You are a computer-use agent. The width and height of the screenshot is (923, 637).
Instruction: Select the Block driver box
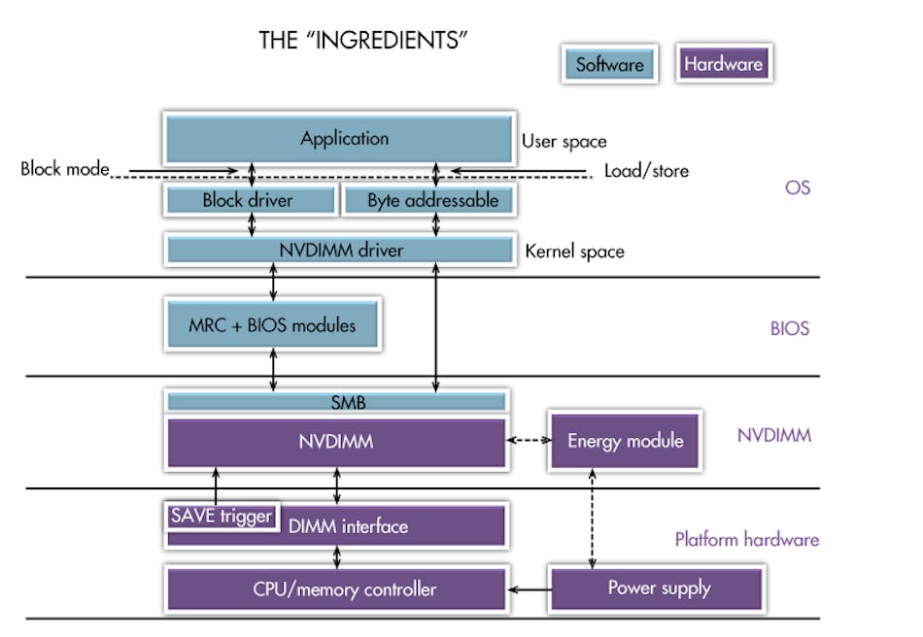pos(249,201)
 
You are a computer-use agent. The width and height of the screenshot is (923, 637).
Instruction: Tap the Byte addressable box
pos(431,201)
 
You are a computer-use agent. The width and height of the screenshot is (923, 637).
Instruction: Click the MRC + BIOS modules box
pos(272,324)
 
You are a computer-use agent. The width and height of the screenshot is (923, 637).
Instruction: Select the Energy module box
pos(625,441)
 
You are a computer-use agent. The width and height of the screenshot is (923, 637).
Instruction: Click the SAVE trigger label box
pos(221,516)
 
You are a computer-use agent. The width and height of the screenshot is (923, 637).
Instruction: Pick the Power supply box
pos(658,588)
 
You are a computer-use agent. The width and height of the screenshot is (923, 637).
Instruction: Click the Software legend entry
pos(609,65)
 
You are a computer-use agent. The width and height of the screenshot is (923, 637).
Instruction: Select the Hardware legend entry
pos(723,65)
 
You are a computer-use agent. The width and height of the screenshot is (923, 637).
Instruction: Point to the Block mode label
pos(64,169)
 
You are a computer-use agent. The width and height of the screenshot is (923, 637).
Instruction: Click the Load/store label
pos(645,171)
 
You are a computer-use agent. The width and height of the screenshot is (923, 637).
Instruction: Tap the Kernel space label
pos(574,251)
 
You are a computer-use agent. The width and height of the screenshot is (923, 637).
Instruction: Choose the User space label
pos(564,141)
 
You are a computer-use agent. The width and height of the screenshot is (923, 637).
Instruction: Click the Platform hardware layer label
pos(746,539)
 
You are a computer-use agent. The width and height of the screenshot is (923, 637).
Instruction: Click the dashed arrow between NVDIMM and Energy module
pos(529,441)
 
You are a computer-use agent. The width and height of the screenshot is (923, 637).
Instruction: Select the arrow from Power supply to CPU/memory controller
pos(529,588)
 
